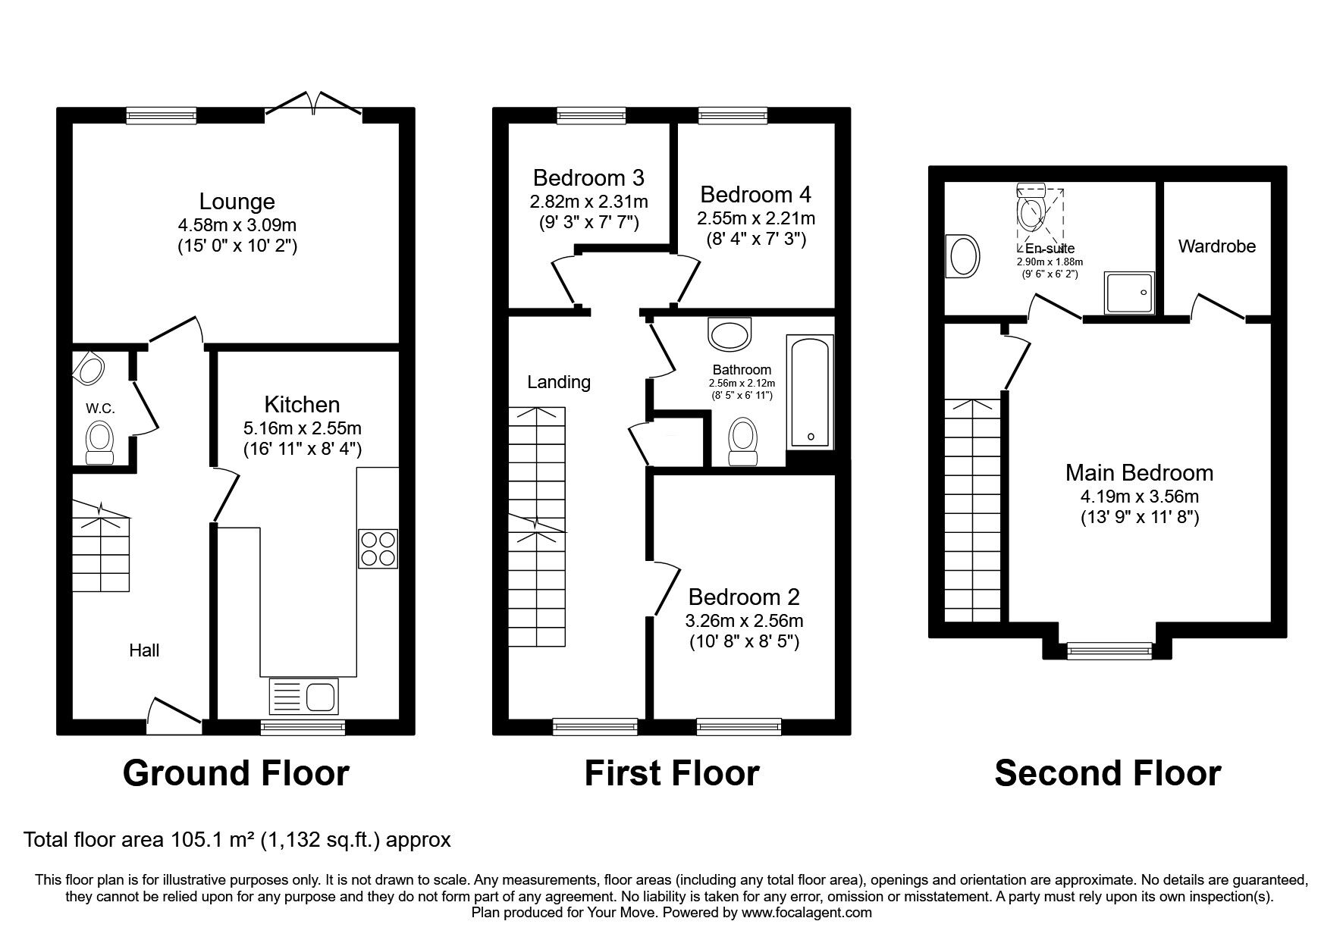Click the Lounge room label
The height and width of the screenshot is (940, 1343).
pyautogui.click(x=237, y=202)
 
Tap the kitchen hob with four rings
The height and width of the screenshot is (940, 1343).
pyautogui.click(x=378, y=548)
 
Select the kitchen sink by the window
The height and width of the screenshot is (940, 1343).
pyautogui.click(x=304, y=697)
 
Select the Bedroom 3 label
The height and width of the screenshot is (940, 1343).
pyautogui.click(x=588, y=177)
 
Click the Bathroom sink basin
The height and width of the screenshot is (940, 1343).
pyautogui.click(x=730, y=332)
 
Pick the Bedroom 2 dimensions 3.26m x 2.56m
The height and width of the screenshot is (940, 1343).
pyautogui.click(x=744, y=621)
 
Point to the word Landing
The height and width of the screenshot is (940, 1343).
pyautogui.click(x=559, y=382)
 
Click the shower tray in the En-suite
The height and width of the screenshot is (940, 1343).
pyautogui.click(x=1131, y=293)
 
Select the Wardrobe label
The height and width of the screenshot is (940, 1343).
pyautogui.click(x=1216, y=246)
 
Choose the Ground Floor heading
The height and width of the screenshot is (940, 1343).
pyautogui.click(x=236, y=773)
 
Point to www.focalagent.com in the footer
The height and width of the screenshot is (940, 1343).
pyautogui.click(x=806, y=913)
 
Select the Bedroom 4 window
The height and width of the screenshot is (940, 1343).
pyautogui.click(x=733, y=114)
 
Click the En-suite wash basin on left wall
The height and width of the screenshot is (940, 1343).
pyautogui.click(x=962, y=256)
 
